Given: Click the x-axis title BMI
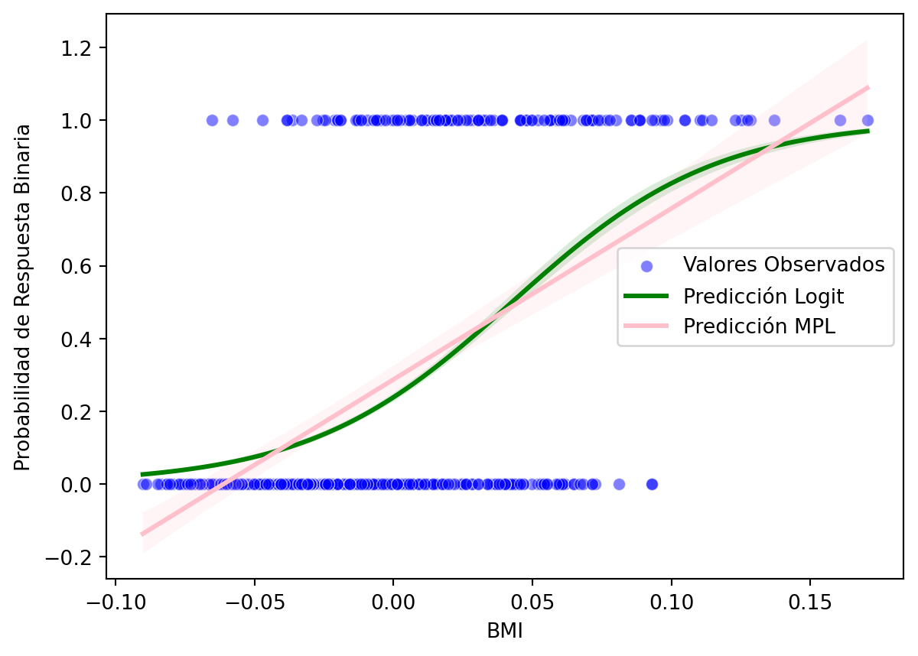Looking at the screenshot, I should [x=505, y=631].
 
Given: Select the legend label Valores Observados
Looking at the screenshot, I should [x=784, y=265].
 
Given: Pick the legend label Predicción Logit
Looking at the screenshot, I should [x=763, y=296].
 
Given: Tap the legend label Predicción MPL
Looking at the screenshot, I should [x=759, y=326].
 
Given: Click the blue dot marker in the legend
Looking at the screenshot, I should [x=646, y=266].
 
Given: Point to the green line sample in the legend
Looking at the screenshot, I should [x=646, y=296].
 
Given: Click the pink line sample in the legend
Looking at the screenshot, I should [x=646, y=326].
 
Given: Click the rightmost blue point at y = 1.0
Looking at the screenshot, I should [x=868, y=120].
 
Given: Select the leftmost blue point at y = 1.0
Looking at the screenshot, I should [x=212, y=120].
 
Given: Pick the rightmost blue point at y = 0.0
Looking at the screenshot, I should [x=652, y=484].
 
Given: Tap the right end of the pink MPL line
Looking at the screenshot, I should [x=868, y=87].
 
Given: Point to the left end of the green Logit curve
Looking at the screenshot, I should [x=142, y=475].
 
